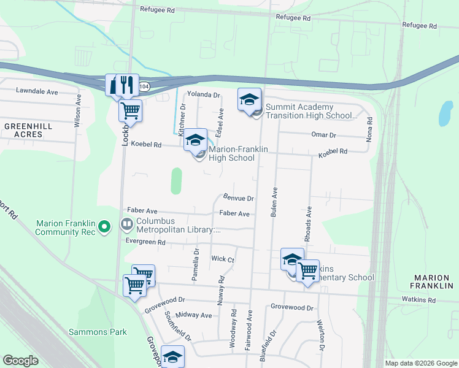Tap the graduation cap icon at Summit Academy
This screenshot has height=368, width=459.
pos(249,99)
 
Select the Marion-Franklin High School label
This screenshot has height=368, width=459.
pos(231,153)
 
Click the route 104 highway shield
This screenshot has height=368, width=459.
pos(144,87)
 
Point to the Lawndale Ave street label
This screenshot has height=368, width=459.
pos(37,91)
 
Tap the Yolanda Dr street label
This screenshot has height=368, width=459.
pos(203,95)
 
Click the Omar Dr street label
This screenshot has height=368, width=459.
pos(324,135)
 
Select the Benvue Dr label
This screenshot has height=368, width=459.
pos(238,199)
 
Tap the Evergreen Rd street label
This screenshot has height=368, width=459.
pos(145,242)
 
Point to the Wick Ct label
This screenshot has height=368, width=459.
pos(223,259)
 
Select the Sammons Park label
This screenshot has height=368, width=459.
pos(106,332)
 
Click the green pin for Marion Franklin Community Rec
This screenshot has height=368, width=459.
pos(104,228)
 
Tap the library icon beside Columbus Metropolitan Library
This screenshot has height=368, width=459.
pos(127,224)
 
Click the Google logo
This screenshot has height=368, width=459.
pos(21,361)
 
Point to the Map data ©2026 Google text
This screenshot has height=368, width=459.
pos(420,363)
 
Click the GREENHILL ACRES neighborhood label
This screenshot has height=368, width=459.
pos(24,129)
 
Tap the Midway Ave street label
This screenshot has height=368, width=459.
pos(193,315)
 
